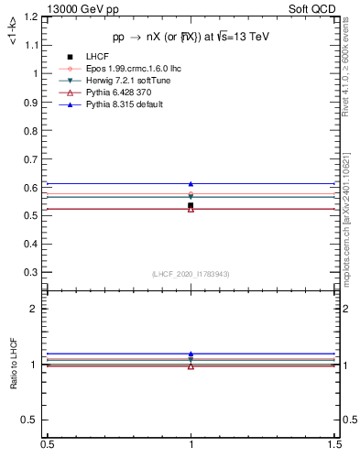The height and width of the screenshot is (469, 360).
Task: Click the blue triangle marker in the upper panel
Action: [191, 184]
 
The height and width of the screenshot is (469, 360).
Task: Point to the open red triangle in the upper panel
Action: [191, 210]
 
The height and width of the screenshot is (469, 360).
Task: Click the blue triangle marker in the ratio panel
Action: [191, 354]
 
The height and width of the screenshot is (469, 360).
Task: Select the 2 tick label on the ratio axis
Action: [37, 309]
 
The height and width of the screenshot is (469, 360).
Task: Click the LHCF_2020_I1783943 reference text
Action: [191, 274]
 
